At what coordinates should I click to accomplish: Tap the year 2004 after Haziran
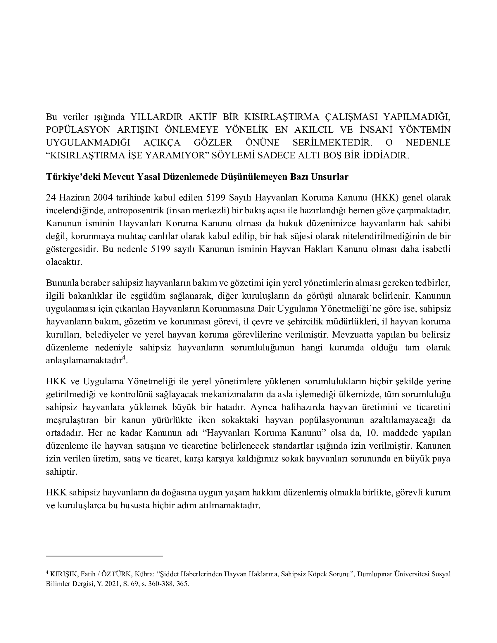[103, 198]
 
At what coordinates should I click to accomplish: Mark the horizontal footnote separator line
[104, 556]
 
